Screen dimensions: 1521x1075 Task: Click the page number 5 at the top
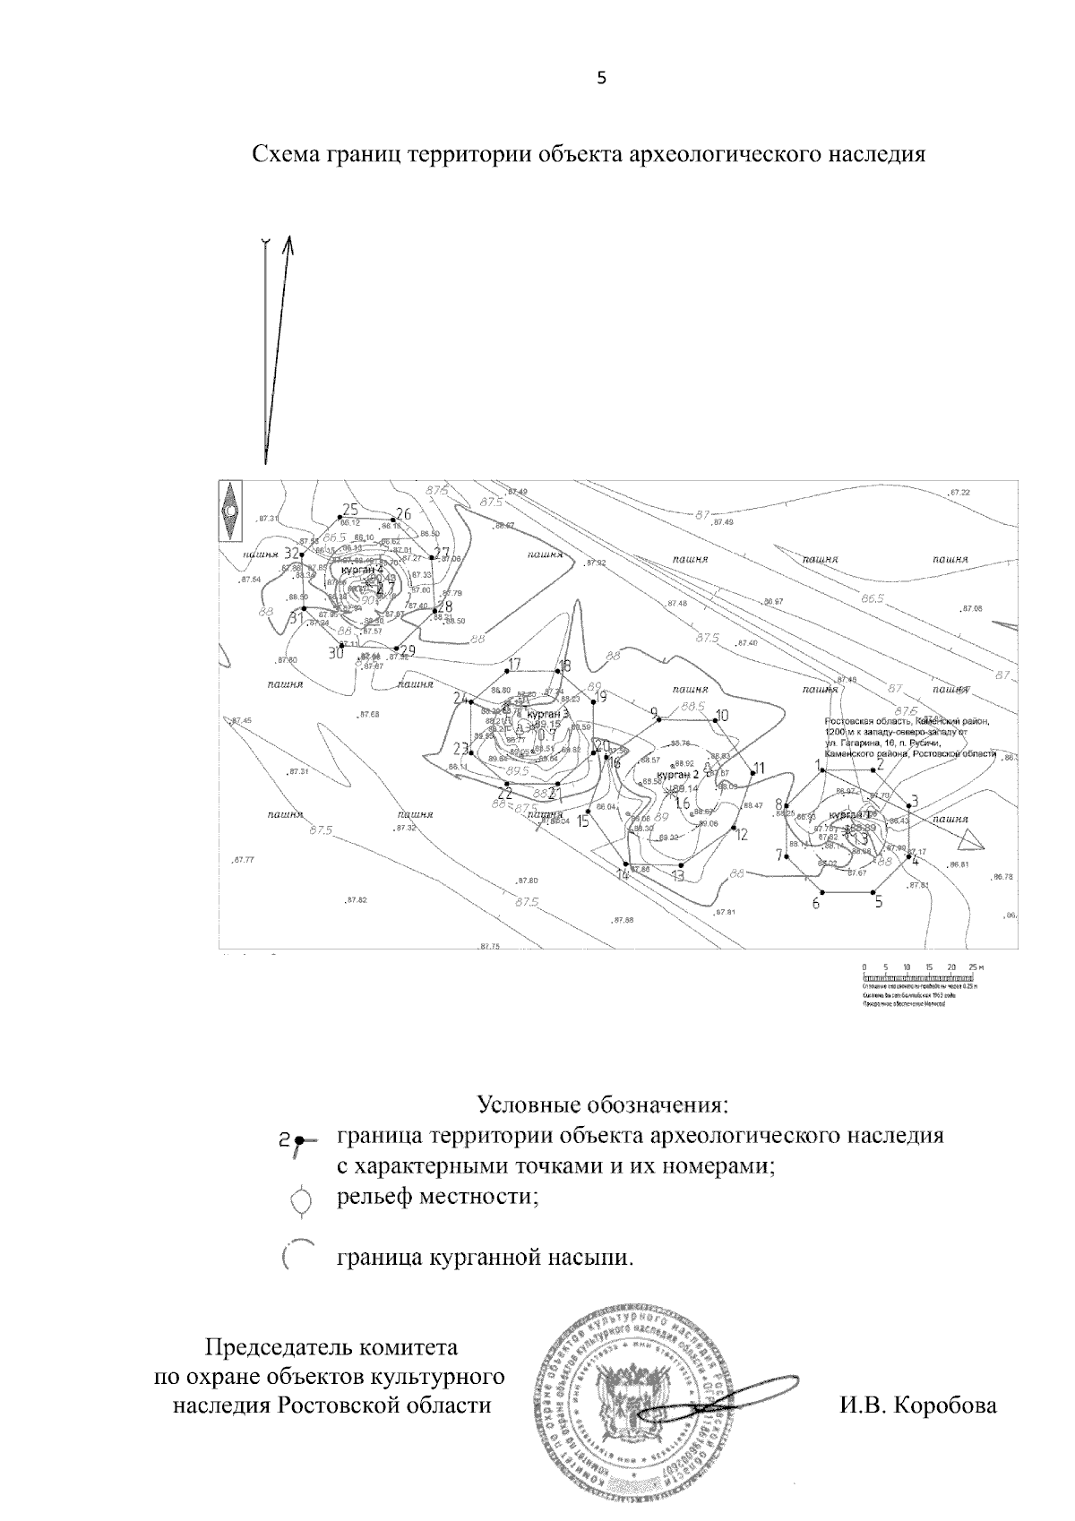(601, 78)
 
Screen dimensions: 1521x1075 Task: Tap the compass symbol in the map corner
(231, 511)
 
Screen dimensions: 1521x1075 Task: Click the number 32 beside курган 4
(291, 554)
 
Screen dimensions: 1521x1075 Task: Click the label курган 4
(362, 569)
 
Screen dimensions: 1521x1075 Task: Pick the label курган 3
(547, 714)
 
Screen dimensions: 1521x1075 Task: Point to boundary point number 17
(508, 671)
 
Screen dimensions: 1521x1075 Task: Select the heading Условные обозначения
(599, 1102)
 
